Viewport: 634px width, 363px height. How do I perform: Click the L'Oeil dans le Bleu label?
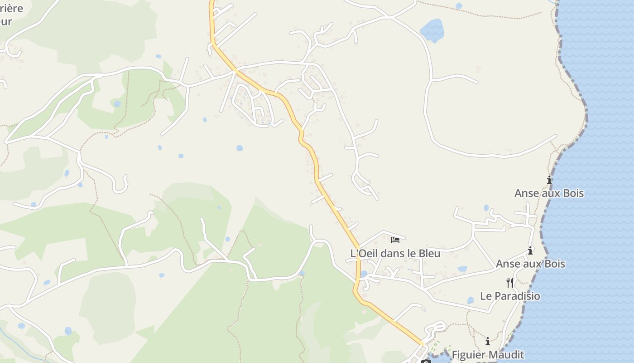click(x=395, y=253)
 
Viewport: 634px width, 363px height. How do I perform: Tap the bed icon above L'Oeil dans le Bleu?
click(x=395, y=240)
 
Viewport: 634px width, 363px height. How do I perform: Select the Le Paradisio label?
click(x=510, y=296)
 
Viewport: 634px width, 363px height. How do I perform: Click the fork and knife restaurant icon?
click(x=510, y=283)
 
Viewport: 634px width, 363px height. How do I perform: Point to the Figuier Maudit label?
click(x=488, y=354)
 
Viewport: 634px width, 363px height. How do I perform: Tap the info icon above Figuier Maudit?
click(x=488, y=341)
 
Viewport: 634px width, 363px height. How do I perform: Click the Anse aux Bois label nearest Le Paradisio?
click(x=530, y=264)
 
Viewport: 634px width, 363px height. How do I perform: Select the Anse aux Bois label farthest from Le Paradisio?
click(x=549, y=193)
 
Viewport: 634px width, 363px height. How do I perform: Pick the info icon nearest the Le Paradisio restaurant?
click(x=530, y=250)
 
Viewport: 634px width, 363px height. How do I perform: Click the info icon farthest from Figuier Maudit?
click(x=549, y=180)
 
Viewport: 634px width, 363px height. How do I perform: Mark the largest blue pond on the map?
click(x=432, y=30)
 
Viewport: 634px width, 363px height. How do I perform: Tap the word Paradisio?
click(x=517, y=296)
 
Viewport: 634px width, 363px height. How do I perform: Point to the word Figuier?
click(x=469, y=354)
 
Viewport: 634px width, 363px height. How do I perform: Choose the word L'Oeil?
click(x=365, y=253)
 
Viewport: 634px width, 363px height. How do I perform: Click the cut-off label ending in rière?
click(x=11, y=9)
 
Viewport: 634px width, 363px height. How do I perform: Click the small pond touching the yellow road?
click(x=364, y=274)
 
